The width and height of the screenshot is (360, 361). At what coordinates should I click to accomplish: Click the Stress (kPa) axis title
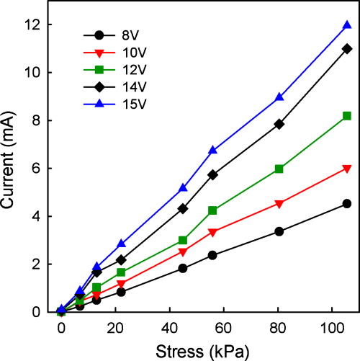[x=206, y=349]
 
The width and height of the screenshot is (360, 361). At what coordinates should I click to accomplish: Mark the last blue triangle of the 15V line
[x=347, y=25]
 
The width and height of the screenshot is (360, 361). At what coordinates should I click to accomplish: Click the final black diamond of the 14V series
[x=347, y=48]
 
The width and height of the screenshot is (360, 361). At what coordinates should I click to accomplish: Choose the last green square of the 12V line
[x=347, y=116]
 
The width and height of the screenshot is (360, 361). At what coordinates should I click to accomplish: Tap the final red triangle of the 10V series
[x=347, y=169]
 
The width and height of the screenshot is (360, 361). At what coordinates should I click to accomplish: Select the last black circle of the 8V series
[x=347, y=204]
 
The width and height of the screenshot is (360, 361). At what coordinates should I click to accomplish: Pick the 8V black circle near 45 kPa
[x=183, y=268]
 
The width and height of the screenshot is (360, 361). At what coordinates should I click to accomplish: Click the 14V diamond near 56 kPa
[x=212, y=174]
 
